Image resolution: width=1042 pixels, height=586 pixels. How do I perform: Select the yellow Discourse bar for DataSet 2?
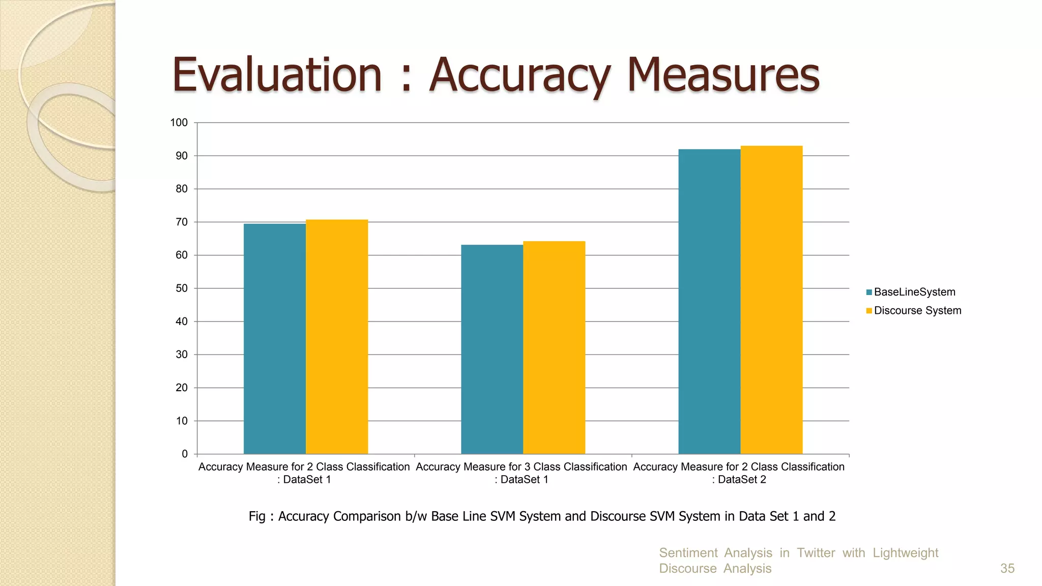coord(771,300)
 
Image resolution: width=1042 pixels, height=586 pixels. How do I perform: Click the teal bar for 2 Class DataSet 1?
coord(275,339)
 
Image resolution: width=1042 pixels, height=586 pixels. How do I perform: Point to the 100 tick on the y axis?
coord(179,123)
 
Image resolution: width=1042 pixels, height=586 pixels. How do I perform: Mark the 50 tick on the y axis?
coord(182,288)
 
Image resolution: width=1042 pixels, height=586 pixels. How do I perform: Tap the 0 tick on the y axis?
coord(185,454)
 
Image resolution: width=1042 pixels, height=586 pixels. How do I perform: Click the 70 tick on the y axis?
coord(182,222)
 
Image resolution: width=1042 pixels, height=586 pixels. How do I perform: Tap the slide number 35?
coord(1007,568)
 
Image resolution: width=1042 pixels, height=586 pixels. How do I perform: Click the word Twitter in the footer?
coord(816,552)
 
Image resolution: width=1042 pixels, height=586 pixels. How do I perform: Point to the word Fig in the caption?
coord(257,516)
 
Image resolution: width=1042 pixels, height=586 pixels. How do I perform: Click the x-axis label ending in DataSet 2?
coord(739,473)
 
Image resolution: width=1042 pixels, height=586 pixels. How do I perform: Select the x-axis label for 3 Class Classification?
coord(522,473)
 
